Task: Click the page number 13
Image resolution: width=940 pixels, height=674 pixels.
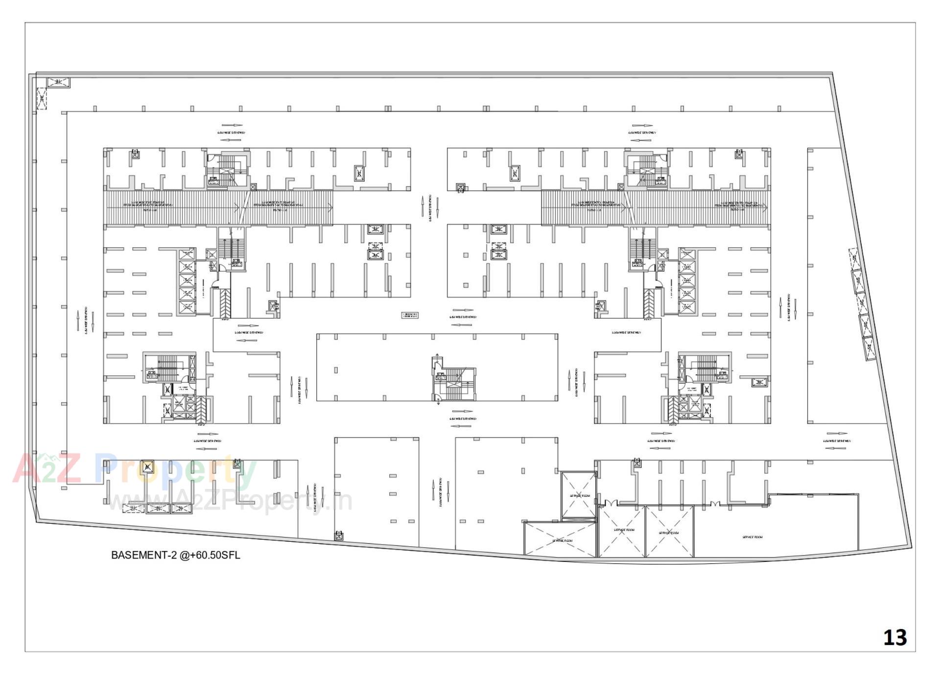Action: coord(894,637)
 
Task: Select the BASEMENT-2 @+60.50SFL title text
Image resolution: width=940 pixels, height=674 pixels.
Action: coord(175,555)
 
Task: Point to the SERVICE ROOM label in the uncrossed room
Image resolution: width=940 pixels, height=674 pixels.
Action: coord(752,537)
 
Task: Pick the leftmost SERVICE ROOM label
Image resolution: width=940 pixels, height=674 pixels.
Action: coord(562,541)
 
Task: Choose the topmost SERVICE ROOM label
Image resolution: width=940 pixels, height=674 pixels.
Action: coord(580,495)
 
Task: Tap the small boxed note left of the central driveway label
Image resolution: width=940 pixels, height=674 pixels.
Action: coord(410,315)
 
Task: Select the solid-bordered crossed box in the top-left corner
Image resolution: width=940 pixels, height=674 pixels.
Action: coord(58,82)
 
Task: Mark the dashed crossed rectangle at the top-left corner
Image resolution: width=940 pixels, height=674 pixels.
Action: coord(42,98)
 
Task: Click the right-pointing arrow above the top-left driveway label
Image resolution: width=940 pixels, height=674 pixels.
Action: coord(231,126)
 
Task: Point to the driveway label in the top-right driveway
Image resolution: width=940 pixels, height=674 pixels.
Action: coord(642,133)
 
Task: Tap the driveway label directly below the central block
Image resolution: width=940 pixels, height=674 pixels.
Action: coord(463,419)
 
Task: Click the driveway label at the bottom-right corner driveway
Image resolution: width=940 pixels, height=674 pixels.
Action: coord(836,441)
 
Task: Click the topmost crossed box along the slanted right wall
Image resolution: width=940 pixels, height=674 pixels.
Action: coord(854,257)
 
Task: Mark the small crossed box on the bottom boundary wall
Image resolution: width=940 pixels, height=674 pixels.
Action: coord(338,536)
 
